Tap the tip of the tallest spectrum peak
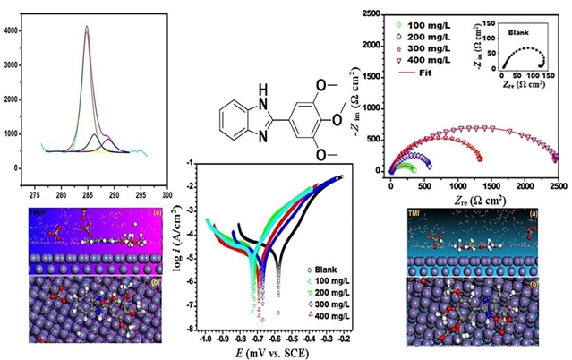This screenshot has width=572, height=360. (87, 26)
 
